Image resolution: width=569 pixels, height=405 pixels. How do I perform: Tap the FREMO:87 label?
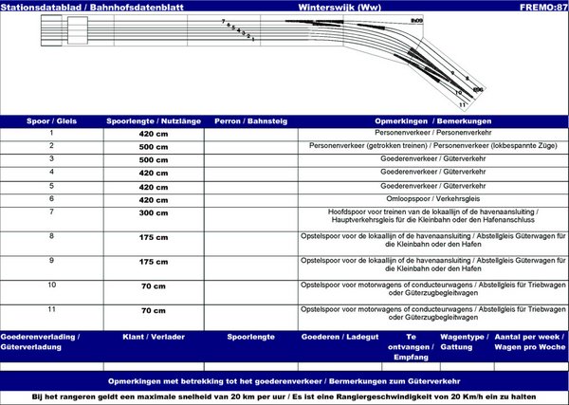click(x=543, y=7)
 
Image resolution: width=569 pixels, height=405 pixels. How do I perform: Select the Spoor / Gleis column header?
click(x=51, y=121)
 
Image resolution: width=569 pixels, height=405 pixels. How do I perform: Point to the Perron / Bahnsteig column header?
click(x=250, y=121)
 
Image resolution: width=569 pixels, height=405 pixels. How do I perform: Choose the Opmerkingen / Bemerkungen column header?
click(x=432, y=121)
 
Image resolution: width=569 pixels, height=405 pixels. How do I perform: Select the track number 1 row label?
click(x=51, y=133)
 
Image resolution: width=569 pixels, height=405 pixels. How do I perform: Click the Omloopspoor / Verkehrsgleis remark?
click(x=432, y=199)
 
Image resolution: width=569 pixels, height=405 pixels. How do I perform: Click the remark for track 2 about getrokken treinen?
click(x=432, y=147)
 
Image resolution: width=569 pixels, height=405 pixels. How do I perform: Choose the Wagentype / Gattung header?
click(x=464, y=342)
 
